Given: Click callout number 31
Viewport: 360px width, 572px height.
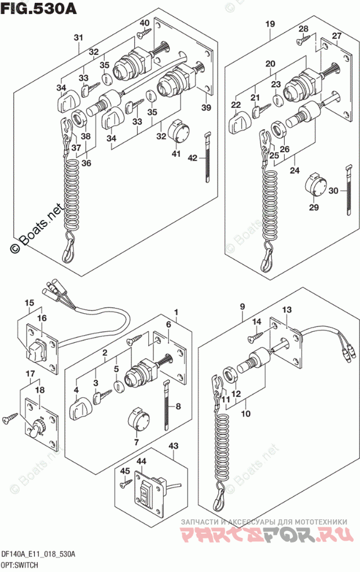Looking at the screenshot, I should tap(78, 38).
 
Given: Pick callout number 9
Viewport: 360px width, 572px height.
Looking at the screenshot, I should tap(243, 306).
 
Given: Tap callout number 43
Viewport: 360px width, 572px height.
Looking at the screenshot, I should tap(173, 446).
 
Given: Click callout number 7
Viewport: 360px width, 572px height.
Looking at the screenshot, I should tap(137, 443).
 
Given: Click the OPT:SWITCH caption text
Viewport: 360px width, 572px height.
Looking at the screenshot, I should tap(23, 564).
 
